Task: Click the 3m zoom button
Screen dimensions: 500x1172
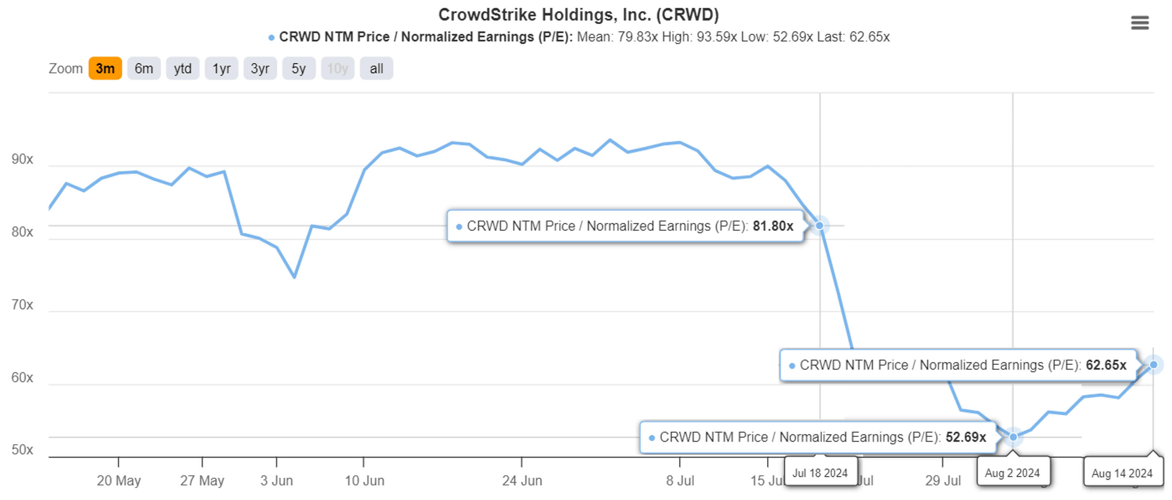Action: click(105, 69)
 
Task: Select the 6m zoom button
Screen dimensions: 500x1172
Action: click(144, 69)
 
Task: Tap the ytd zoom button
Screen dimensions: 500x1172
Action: click(182, 69)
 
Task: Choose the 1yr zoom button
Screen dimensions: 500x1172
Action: click(222, 69)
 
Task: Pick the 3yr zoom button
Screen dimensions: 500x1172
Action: click(260, 69)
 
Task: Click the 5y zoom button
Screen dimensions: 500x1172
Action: click(298, 69)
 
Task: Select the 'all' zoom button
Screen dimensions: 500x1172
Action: click(376, 69)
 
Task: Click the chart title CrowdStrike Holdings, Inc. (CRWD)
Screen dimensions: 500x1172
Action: click(578, 15)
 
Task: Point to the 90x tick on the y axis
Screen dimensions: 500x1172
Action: click(22, 159)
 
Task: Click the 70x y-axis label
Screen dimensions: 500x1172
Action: click(22, 304)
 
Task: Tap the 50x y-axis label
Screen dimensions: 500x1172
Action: click(22, 450)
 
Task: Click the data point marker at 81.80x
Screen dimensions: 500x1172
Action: click(819, 226)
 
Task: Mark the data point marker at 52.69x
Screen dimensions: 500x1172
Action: click(1013, 437)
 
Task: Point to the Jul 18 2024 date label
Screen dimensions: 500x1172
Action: click(820, 473)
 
